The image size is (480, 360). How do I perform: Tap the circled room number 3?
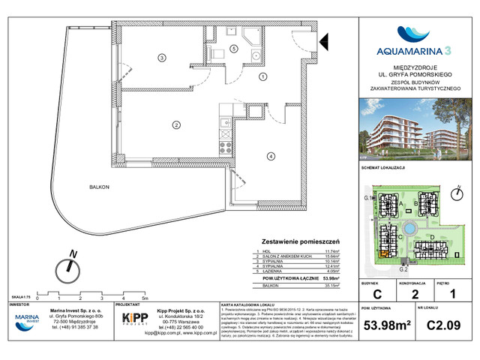160,58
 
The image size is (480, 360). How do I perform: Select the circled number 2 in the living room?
175,124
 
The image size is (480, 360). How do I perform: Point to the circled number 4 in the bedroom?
269,155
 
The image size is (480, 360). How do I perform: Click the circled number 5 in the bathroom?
233,49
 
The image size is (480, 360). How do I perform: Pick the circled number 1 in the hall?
262,76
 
